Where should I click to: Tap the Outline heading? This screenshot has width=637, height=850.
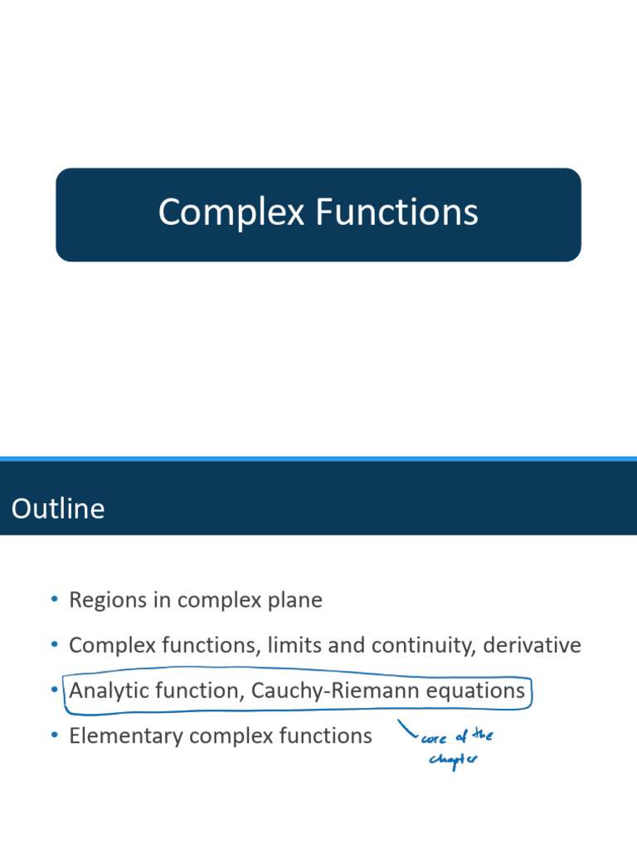tap(58, 508)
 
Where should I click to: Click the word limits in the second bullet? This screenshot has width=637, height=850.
tap(300, 645)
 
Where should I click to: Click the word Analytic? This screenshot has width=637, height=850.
tap(104, 691)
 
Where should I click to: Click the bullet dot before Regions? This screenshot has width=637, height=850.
tap(55, 599)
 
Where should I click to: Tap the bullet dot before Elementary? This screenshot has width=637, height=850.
tap(55, 735)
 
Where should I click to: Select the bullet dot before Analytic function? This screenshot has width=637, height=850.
tap(55, 690)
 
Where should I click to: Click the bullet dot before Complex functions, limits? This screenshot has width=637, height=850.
tap(55, 644)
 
